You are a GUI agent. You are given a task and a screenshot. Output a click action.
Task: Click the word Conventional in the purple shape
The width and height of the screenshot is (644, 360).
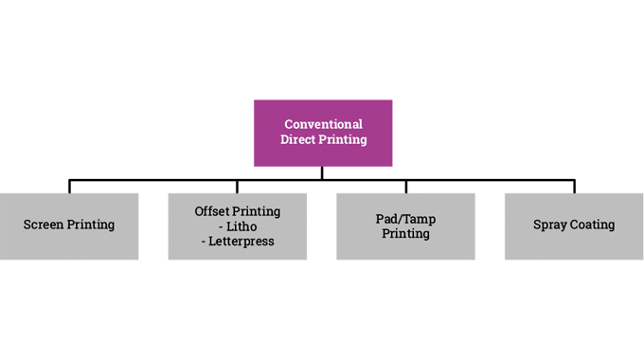point(324,124)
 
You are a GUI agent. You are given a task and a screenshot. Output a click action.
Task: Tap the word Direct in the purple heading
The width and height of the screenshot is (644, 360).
point(298,140)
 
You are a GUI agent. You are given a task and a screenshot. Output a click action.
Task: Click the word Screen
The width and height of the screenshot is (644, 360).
point(45,225)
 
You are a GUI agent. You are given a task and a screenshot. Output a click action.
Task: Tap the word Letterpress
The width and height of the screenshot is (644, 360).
point(244,241)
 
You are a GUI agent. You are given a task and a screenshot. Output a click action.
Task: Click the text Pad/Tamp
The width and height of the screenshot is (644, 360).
point(405,218)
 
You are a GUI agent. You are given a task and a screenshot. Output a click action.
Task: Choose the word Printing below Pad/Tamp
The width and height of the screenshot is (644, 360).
point(405,233)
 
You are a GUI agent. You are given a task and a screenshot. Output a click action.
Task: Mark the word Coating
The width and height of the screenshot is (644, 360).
point(593,225)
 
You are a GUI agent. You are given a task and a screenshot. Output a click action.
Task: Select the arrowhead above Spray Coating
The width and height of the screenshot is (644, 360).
point(577,182)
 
